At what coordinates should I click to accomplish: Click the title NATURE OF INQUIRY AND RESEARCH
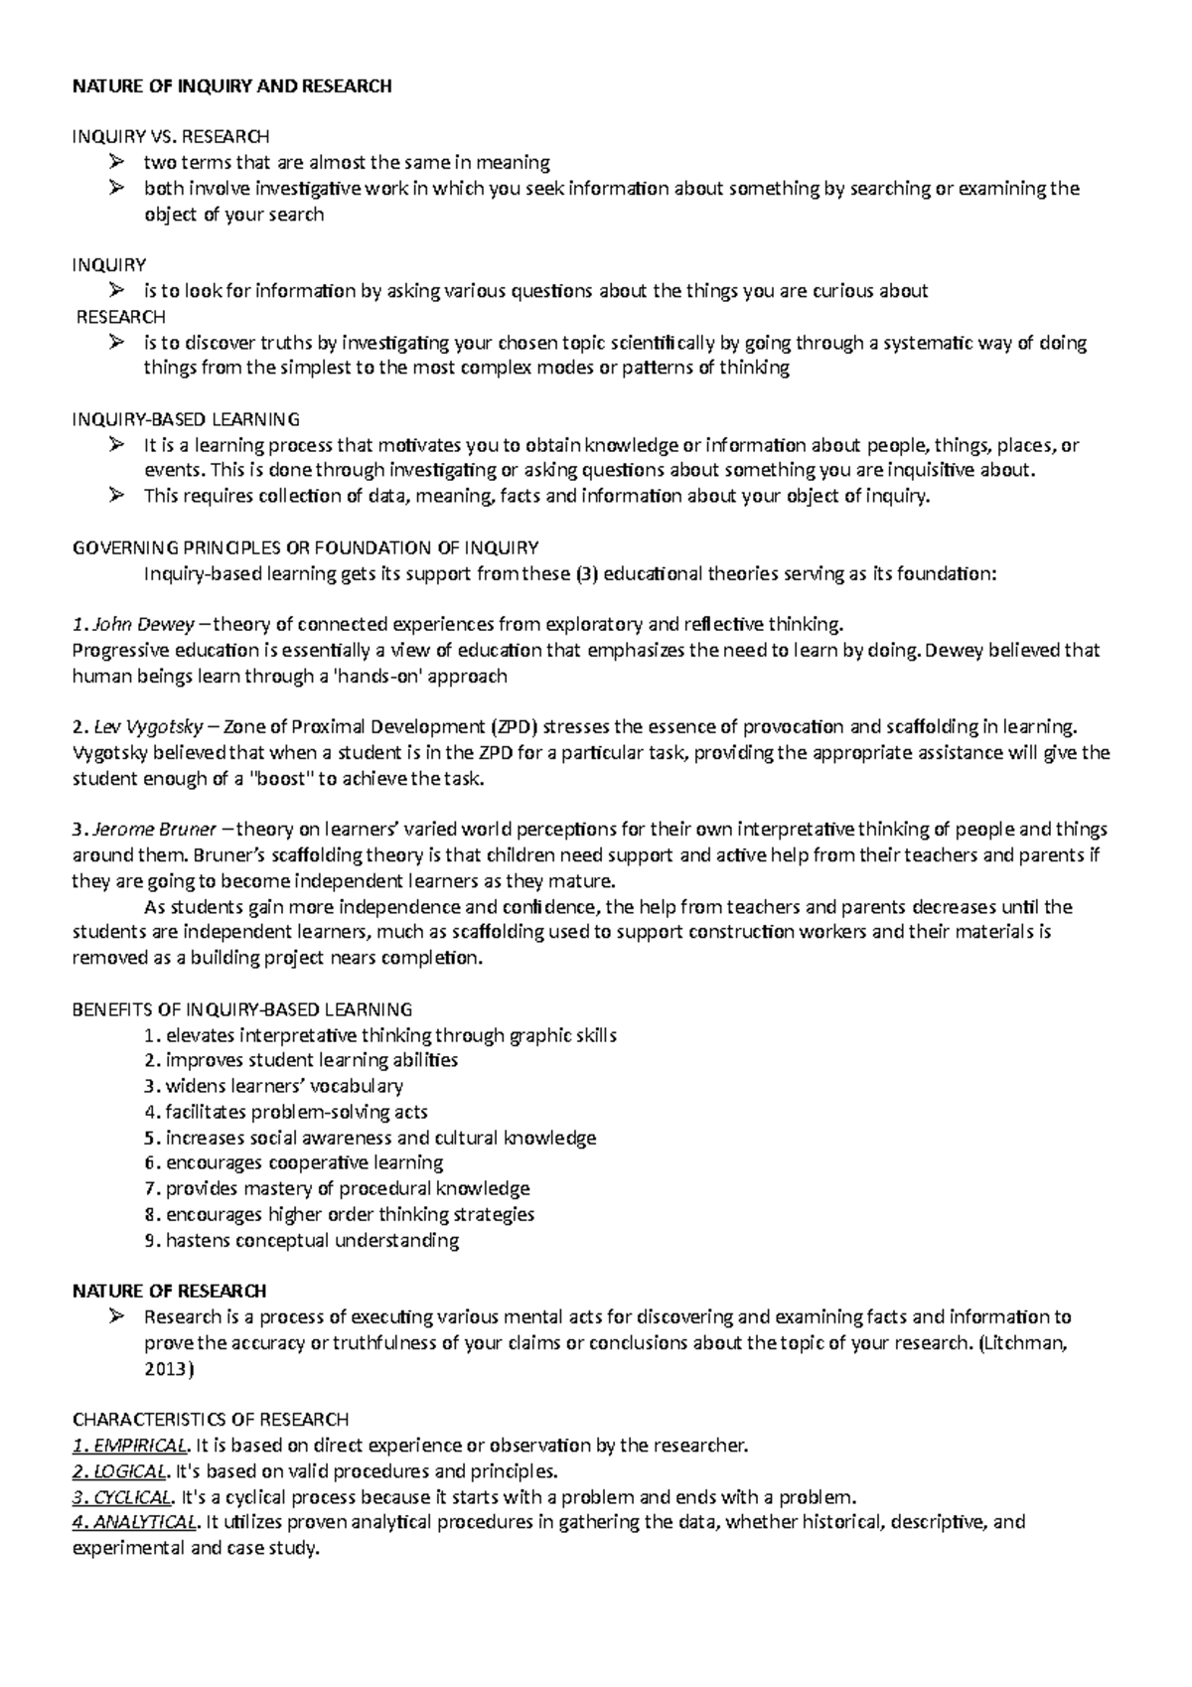point(232,86)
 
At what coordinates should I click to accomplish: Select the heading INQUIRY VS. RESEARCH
point(170,136)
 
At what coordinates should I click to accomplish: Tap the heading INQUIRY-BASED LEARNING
point(186,419)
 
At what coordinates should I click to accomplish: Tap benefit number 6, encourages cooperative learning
point(304,1162)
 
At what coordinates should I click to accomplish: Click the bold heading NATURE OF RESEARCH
point(170,1292)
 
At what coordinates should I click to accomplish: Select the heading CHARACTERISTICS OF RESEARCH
point(211,1420)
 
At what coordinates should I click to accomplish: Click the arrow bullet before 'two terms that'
point(117,162)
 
